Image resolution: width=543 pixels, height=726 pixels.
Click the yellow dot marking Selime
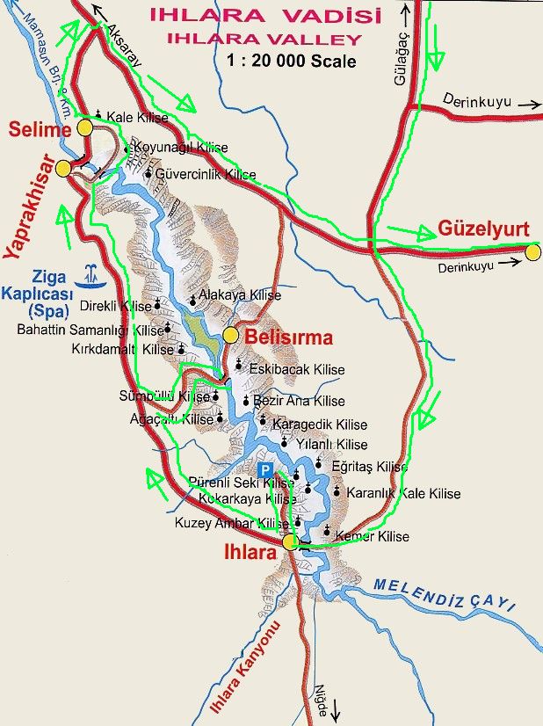(x=85, y=128)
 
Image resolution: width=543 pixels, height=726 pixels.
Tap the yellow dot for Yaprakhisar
(x=63, y=168)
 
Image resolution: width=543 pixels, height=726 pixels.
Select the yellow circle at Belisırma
(x=231, y=335)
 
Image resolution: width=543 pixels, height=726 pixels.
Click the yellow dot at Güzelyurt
(x=532, y=253)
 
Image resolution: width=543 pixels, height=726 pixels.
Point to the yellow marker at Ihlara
(x=291, y=541)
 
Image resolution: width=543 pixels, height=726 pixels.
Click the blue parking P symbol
(x=264, y=470)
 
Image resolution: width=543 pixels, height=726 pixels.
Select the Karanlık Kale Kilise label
(x=403, y=493)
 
